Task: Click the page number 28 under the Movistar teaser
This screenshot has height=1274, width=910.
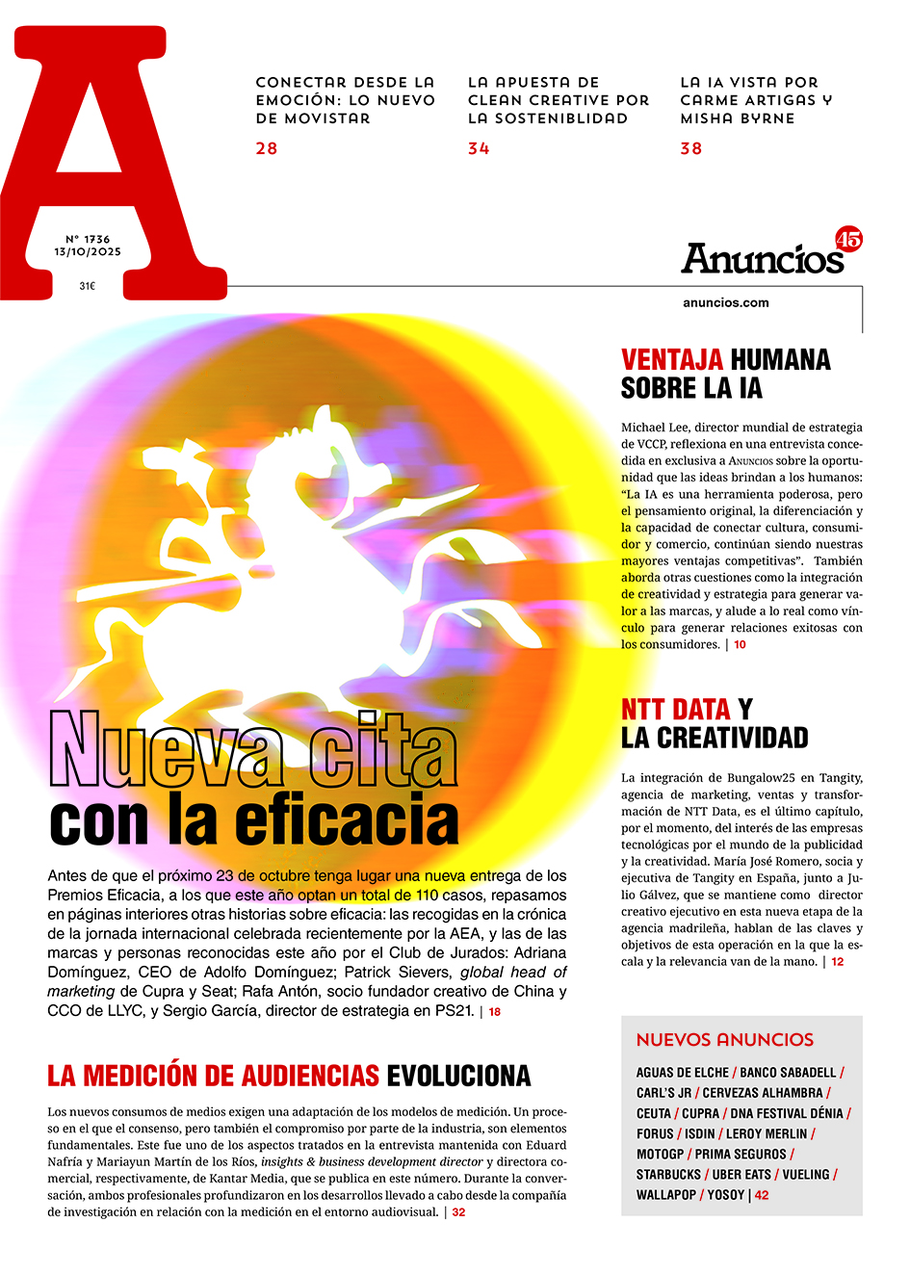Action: coord(267,148)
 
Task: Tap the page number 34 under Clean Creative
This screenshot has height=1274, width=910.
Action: coord(479,148)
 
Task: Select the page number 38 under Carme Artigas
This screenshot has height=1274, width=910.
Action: coord(691,148)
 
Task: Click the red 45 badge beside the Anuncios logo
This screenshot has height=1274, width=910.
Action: coord(848,239)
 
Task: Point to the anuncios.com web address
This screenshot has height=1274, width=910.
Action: coord(726,302)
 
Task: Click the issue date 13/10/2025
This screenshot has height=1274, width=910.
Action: coord(88,252)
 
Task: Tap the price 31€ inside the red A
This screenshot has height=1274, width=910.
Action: coord(88,286)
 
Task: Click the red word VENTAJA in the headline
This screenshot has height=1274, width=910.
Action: coord(672,360)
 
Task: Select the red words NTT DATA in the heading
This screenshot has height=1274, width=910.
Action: coord(675,710)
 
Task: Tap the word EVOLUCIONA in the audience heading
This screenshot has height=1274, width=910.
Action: coord(458,1076)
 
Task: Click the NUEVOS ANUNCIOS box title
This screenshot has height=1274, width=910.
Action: coord(725,1040)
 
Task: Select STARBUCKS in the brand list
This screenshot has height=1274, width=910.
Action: coord(668,1175)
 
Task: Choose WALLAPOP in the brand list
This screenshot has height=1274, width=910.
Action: coord(666,1195)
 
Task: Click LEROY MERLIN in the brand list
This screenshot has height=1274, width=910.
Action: coord(767,1134)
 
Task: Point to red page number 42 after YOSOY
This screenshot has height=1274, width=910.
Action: coord(762,1195)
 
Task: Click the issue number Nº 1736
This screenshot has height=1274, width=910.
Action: coord(88,239)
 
